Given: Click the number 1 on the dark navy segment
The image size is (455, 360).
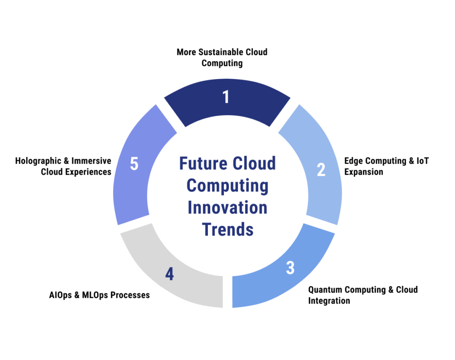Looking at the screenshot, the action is pyautogui.click(x=226, y=97).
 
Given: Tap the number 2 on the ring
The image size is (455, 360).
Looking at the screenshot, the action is pyautogui.click(x=321, y=170).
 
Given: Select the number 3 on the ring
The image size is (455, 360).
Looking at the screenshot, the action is pyautogui.click(x=290, y=268).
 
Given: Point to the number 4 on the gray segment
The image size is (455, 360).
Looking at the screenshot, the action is pyautogui.click(x=169, y=274).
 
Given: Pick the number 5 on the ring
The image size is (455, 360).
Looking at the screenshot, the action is pyautogui.click(x=134, y=164).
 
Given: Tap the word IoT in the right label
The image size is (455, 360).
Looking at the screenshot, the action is pyautogui.click(x=423, y=161).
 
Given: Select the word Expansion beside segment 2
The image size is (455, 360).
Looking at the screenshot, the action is pyautogui.click(x=363, y=172).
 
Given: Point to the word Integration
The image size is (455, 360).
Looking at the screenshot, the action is pyautogui.click(x=329, y=301).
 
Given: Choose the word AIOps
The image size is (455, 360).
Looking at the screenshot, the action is pyautogui.click(x=60, y=295).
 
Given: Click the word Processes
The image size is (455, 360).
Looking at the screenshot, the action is pyautogui.click(x=130, y=295).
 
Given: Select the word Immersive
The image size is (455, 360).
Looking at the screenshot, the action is pyautogui.click(x=92, y=161).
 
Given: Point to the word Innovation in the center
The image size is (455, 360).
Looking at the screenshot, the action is pyautogui.click(x=227, y=208).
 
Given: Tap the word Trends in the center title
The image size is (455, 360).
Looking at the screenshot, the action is pyautogui.click(x=228, y=230).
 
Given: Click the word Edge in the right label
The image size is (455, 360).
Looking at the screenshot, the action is pyautogui.click(x=354, y=161).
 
